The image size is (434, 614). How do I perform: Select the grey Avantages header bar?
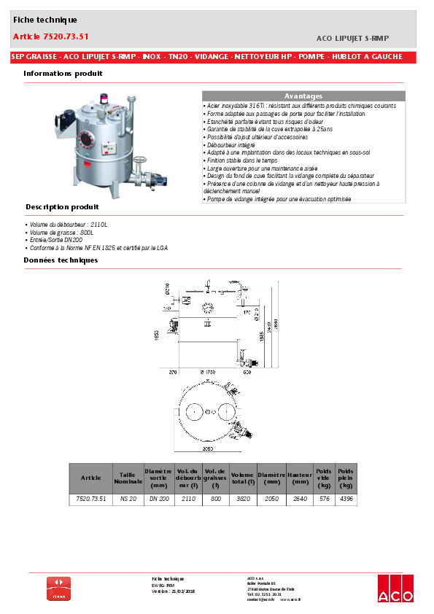303,96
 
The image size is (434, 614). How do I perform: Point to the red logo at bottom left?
58,588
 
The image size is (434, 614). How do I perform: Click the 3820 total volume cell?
241,499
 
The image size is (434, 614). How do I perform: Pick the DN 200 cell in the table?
158,499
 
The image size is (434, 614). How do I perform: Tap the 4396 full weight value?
346,499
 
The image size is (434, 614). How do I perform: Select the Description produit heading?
62,207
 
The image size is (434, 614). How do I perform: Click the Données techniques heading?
60,260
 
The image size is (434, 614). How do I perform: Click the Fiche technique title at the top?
44,20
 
